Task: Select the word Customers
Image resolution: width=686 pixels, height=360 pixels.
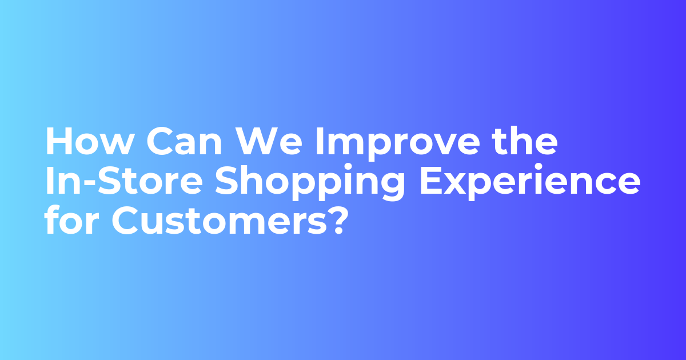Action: coord(218,222)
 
